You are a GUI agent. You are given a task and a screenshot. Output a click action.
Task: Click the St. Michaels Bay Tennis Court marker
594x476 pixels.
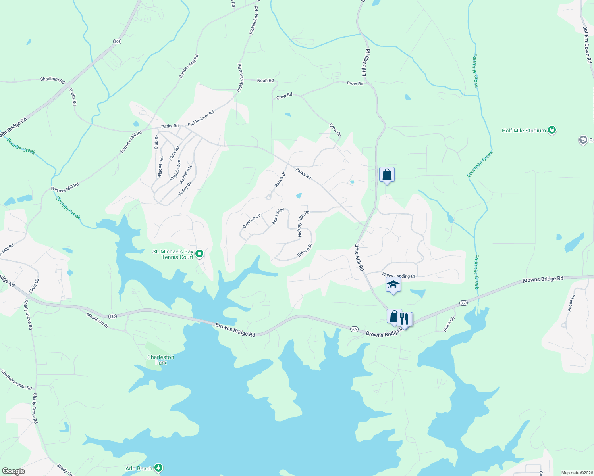(200, 253)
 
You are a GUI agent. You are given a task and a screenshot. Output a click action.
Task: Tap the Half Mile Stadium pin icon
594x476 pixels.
(552, 130)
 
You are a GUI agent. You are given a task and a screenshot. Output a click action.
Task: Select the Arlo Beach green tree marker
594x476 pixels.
(158, 468)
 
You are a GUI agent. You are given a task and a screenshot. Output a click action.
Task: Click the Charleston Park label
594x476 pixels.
(161, 360)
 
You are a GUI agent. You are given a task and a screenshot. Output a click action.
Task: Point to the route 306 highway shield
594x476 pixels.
(117, 42)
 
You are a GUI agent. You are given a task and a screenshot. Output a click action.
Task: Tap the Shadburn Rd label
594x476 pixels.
(52, 80)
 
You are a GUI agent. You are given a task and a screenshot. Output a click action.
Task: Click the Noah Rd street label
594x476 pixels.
(265, 81)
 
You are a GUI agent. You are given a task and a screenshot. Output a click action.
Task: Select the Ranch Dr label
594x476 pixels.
(280, 180)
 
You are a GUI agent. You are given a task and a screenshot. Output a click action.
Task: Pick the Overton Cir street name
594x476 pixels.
(252, 221)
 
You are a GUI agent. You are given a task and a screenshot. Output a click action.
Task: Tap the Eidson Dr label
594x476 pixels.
(305, 250)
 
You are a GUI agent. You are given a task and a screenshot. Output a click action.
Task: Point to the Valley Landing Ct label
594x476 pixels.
(399, 276)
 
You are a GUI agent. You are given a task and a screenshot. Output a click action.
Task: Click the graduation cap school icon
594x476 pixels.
(393, 285)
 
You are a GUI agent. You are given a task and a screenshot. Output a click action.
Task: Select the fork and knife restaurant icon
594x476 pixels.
(404, 319)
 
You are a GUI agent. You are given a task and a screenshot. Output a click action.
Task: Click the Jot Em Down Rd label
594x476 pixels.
(588, 45)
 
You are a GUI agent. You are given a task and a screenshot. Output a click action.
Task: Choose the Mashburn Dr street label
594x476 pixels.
(97, 320)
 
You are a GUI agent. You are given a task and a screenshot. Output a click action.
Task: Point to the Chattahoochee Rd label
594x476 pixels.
(16, 380)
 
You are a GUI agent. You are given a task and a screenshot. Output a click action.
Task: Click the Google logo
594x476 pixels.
(13, 471)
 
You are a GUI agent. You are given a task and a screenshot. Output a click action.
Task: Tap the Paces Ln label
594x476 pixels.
(571, 303)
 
